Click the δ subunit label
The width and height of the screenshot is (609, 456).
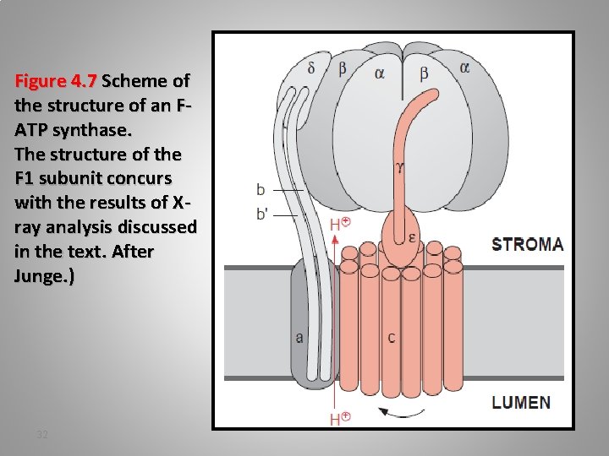[312, 68]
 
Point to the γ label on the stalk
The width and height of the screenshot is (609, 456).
[399, 168]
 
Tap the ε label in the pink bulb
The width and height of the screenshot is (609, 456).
[411, 237]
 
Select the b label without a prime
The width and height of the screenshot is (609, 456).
[261, 190]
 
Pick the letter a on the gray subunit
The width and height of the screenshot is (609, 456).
[299, 337]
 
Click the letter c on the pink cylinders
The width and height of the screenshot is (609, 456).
[392, 338]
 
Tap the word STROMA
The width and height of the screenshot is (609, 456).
[527, 245]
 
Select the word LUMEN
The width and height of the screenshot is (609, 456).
[521, 402]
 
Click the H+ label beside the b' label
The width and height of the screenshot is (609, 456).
[340, 224]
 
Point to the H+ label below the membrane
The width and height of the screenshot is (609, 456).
[340, 419]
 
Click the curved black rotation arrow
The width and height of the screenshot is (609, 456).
[402, 412]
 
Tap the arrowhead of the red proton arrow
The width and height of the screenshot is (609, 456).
[337, 240]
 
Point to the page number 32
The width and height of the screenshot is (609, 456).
[42, 434]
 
